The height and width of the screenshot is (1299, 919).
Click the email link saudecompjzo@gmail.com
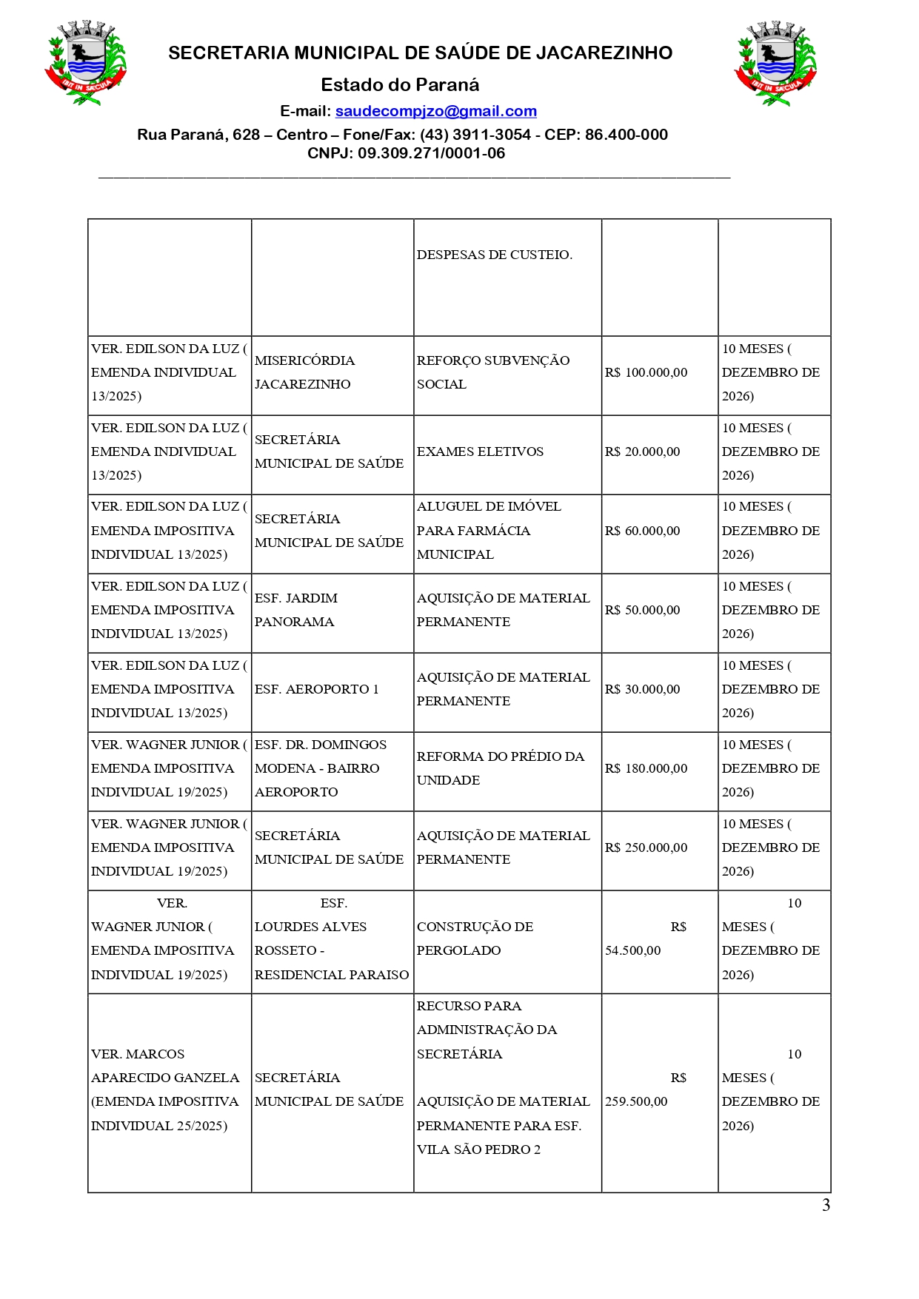pyautogui.click(x=435, y=111)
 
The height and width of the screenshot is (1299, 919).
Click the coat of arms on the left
pyautogui.click(x=85, y=63)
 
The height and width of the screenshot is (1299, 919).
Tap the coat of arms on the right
pyautogui.click(x=775, y=63)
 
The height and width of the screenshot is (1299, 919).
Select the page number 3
pyautogui.click(x=826, y=1205)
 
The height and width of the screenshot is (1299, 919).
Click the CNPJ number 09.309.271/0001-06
pyautogui.click(x=431, y=153)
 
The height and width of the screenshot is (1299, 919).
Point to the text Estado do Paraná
pyautogui.click(x=400, y=84)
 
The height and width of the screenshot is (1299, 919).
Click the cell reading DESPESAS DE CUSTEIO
pyautogui.click(x=494, y=255)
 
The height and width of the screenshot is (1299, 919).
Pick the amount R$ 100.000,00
pyautogui.click(x=646, y=372)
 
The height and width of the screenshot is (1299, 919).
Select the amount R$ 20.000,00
pyautogui.click(x=642, y=452)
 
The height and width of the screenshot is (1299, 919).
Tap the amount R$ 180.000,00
pyautogui.click(x=646, y=768)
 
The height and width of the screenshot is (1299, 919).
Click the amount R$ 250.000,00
pyautogui.click(x=646, y=847)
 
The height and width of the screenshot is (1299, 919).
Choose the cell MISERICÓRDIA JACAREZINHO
pyautogui.click(x=304, y=372)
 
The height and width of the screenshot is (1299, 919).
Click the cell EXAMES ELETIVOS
pyautogui.click(x=480, y=452)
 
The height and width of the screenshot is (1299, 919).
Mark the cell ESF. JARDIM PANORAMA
pyautogui.click(x=295, y=610)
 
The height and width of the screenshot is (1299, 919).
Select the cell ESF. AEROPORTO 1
pyautogui.click(x=316, y=689)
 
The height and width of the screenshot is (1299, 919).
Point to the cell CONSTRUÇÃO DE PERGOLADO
pyautogui.click(x=475, y=939)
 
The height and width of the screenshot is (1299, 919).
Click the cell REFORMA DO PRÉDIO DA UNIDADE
pyautogui.click(x=500, y=768)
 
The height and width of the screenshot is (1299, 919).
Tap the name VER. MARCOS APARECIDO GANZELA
pyautogui.click(x=164, y=1066)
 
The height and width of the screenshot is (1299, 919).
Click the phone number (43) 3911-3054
pyautogui.click(x=475, y=135)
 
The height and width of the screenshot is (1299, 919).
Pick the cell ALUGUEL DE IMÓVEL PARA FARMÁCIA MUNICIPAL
pyautogui.click(x=489, y=531)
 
